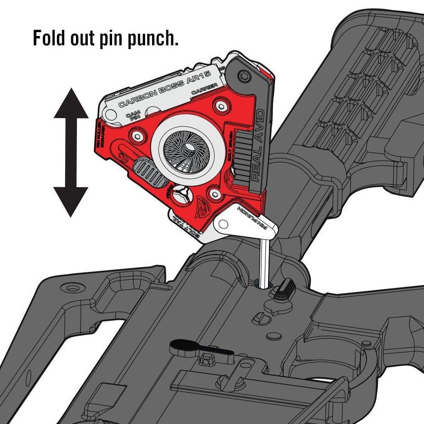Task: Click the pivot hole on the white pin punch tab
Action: point(223,224)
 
